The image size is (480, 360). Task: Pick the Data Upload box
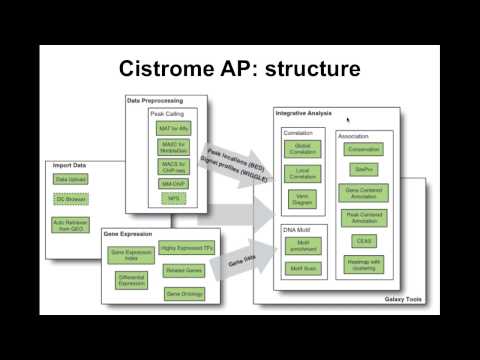click(x=71, y=179)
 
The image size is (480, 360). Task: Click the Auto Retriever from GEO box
click(x=71, y=224)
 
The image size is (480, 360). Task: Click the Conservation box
click(x=364, y=149)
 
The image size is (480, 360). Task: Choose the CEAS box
click(x=364, y=241)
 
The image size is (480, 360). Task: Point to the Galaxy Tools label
click(x=405, y=299)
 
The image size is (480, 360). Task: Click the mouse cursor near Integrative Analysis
click(x=348, y=119)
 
